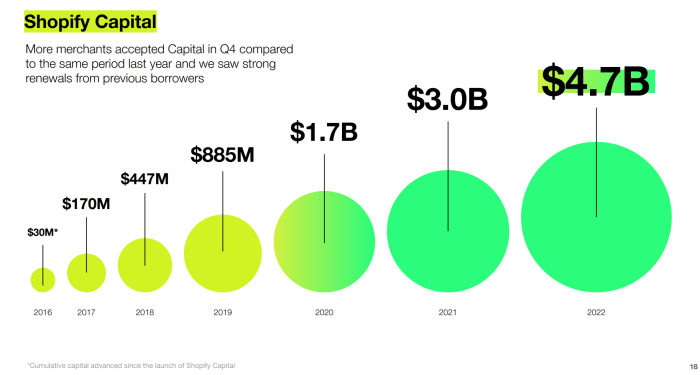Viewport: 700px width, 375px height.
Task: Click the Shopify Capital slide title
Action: tap(89, 20)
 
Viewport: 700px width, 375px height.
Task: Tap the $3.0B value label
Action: tap(447, 99)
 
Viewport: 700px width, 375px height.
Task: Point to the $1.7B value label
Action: tap(324, 132)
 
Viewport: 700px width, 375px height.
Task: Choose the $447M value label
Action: tap(145, 179)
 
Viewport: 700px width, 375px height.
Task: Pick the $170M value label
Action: tap(86, 204)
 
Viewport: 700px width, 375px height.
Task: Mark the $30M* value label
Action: tap(42, 232)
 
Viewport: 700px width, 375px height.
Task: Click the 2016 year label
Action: tap(42, 313)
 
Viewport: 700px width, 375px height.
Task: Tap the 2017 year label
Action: tap(86, 313)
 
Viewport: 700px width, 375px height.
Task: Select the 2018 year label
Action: tap(145, 313)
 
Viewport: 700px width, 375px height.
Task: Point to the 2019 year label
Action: tap(222, 313)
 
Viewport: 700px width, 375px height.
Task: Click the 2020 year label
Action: tap(324, 313)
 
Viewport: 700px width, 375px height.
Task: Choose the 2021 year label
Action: tap(447, 313)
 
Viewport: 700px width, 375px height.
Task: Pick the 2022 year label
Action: tap(595, 313)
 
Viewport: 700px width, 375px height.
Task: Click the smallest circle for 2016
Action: tap(42, 279)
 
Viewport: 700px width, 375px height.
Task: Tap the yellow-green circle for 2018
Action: tap(145, 265)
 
